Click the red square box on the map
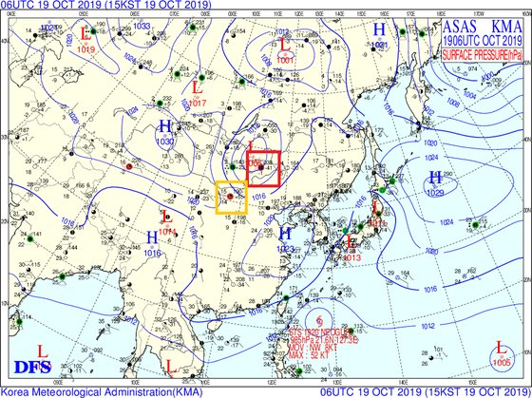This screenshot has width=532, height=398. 263,168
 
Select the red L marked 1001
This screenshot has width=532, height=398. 283,45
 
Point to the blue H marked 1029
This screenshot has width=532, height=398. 435,178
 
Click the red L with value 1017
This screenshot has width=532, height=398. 197,89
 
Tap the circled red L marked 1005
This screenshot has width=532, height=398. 501,350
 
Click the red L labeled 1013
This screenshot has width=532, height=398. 351,244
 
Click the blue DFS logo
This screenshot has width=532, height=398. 32,367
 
